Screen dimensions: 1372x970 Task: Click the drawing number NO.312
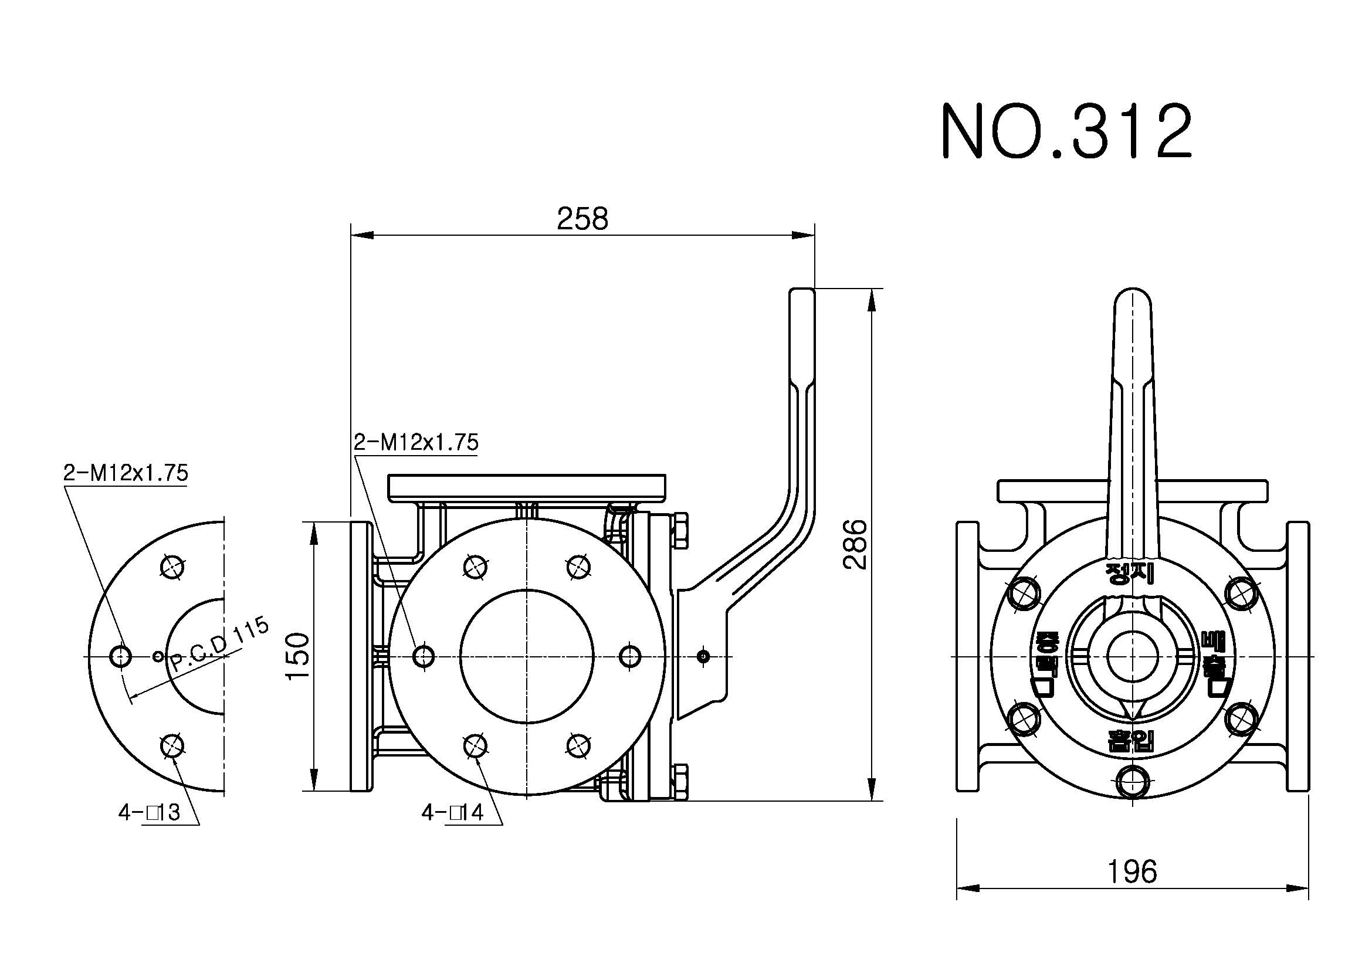[1066, 131]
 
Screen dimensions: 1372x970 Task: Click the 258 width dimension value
[582, 219]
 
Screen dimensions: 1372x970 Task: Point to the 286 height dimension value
[855, 544]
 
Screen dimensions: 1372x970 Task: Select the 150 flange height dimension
[298, 655]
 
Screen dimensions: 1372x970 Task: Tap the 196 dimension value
[1132, 872]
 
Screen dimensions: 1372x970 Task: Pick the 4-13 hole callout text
[150, 812]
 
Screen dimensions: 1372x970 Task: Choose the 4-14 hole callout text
[452, 812]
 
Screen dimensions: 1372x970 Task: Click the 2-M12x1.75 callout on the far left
[126, 473]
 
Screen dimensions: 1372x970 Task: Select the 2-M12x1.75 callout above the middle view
[416, 443]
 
